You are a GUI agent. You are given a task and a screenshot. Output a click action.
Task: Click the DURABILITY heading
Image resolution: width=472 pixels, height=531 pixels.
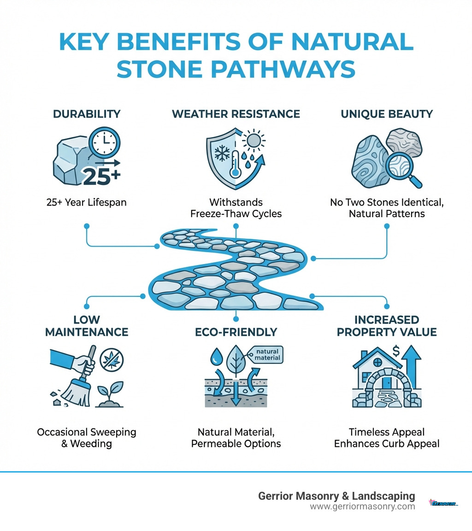(86, 114)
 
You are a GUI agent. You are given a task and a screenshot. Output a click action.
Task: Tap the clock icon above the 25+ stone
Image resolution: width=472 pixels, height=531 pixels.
(105, 141)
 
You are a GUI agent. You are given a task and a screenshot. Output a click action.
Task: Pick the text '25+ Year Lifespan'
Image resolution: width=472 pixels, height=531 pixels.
(86, 202)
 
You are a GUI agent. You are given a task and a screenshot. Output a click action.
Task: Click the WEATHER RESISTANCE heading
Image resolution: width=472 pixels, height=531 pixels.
(236, 114)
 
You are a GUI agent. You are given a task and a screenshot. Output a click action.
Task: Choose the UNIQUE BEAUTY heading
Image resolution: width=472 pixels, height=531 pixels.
(386, 114)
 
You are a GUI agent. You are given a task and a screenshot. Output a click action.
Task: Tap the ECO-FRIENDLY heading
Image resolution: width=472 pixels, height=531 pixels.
(236, 332)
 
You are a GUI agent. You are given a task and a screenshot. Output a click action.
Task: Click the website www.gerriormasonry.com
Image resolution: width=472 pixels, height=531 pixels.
(362, 506)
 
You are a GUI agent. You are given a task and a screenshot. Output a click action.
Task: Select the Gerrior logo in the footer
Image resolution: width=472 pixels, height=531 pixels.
(443, 503)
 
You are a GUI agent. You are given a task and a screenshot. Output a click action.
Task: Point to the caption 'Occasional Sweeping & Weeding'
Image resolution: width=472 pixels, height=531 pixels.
(86, 438)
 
